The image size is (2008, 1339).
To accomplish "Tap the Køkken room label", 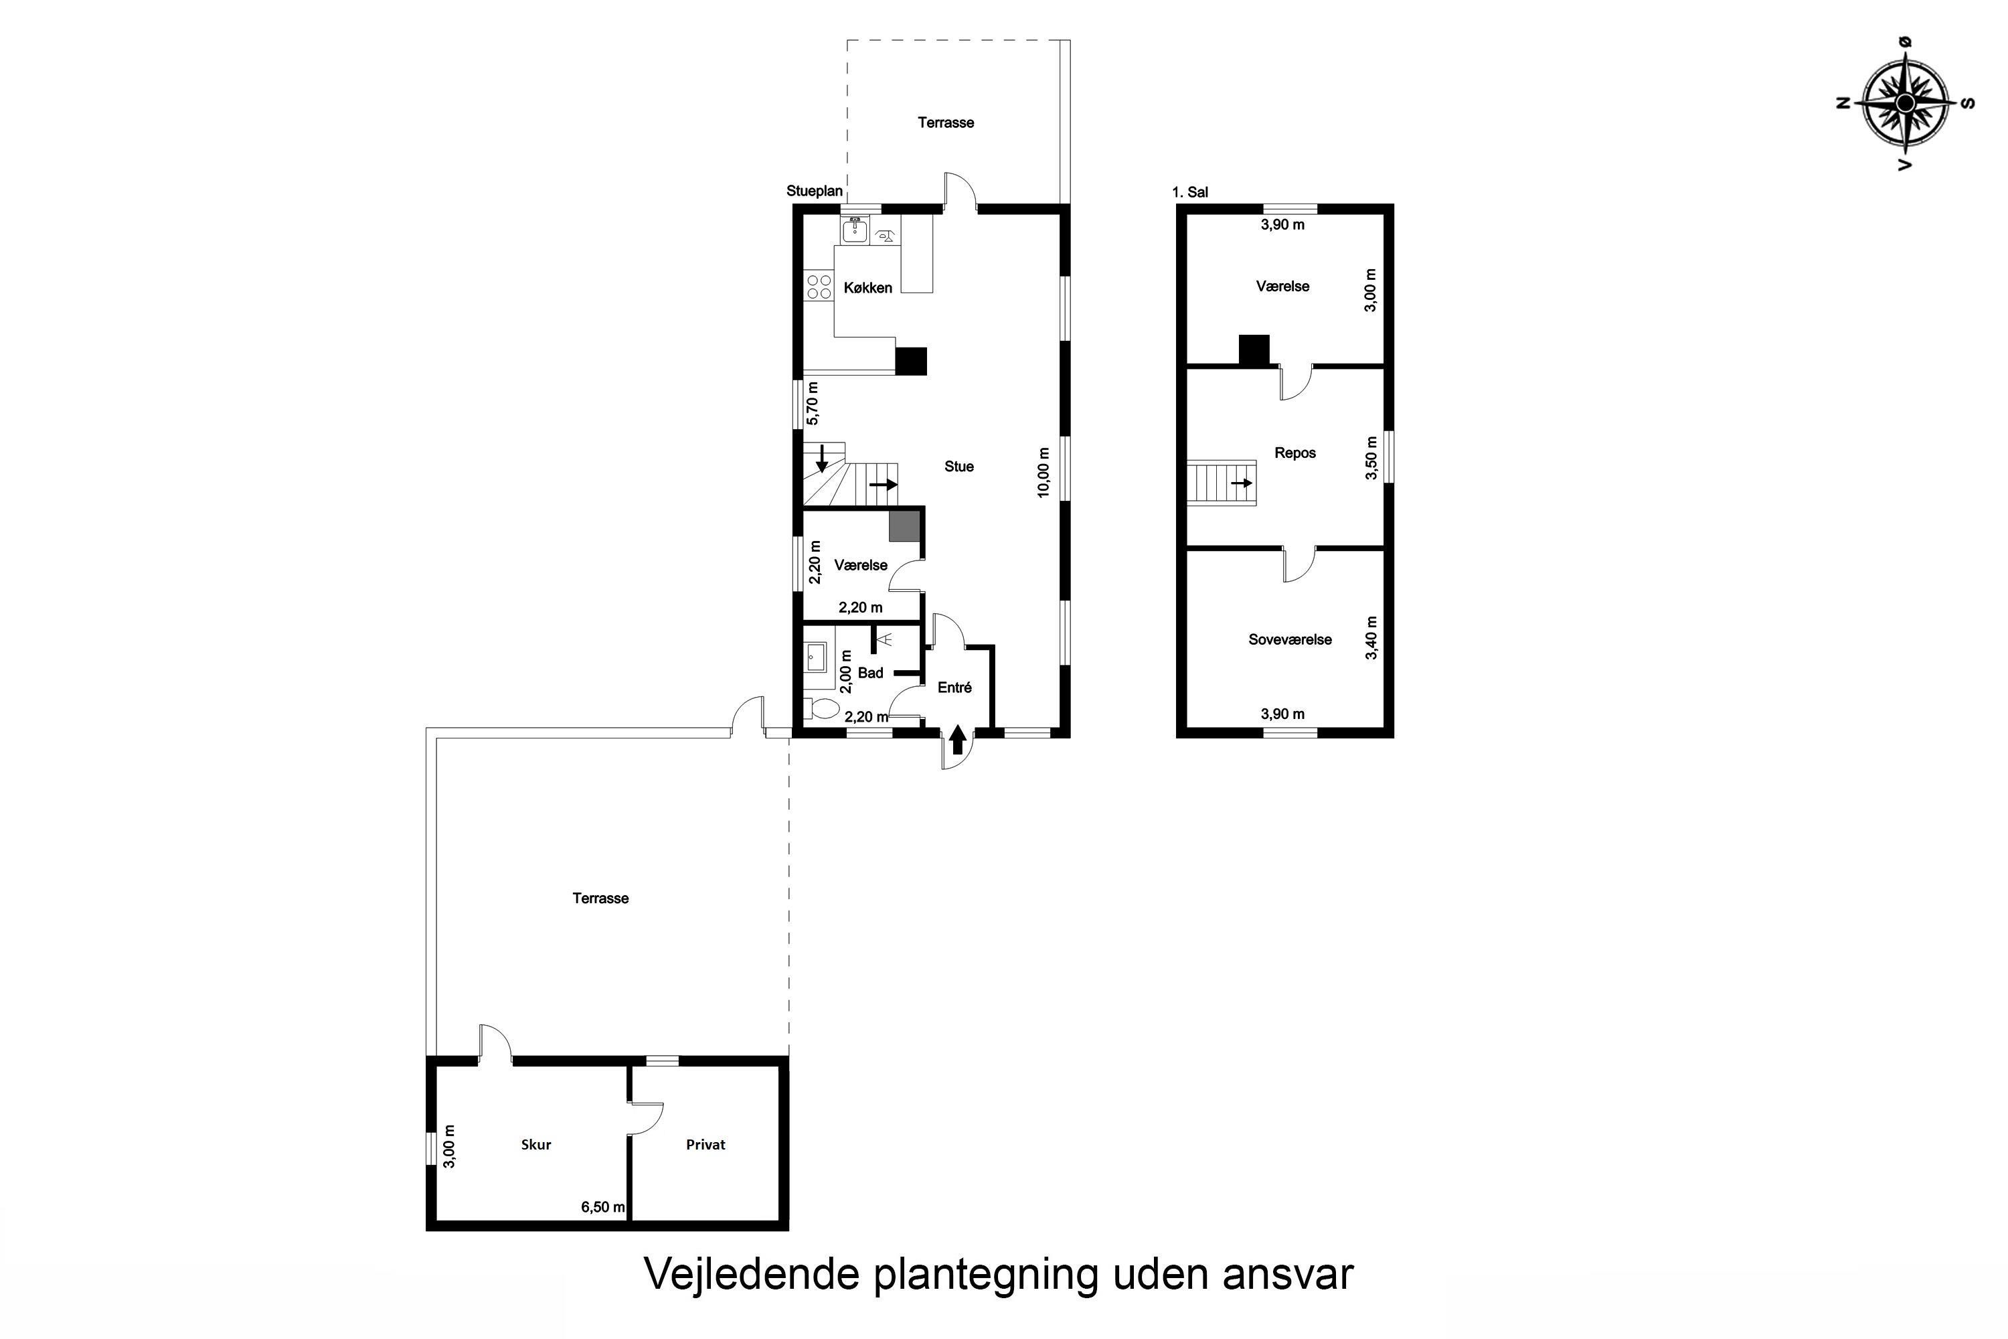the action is point(867,288).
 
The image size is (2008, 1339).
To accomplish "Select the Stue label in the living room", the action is point(958,466).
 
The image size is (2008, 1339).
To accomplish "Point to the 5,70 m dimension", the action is point(813,404).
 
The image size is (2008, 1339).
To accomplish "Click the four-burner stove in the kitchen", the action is point(819,286).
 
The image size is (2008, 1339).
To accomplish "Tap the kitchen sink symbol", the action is point(855,230).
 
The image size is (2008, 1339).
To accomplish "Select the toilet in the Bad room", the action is point(821,708).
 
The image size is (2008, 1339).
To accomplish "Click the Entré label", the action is point(954,688).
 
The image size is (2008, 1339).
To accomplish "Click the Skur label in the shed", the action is point(536,1145).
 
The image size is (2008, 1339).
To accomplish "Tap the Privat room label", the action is point(705,1145).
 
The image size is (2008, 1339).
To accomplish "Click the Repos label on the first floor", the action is point(1295,453).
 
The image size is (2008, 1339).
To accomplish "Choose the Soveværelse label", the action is point(1290,639).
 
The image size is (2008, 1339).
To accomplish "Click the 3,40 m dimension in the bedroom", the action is point(1371,638).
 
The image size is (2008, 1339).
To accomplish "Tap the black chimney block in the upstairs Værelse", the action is point(1254,350).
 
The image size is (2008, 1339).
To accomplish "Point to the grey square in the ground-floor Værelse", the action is point(904,526).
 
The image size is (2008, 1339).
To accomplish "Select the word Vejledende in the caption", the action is point(751,1275).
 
